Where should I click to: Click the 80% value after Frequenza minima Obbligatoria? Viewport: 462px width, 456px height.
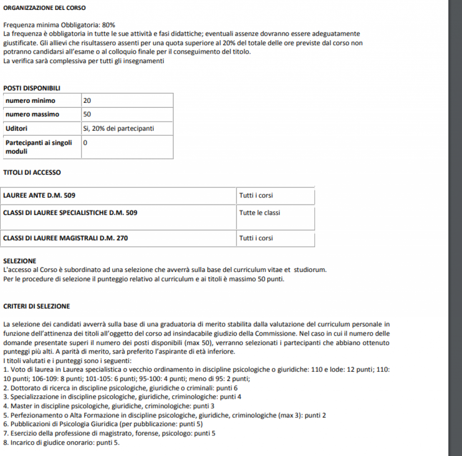[x=109, y=25]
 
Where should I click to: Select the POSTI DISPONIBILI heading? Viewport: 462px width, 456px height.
[x=32, y=88]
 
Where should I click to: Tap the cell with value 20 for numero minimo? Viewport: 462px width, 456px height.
[x=88, y=100]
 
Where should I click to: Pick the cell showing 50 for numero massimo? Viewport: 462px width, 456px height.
[x=88, y=114]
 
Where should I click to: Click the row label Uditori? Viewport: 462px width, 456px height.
[x=16, y=129]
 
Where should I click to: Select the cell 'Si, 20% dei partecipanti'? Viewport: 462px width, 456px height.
[x=119, y=129]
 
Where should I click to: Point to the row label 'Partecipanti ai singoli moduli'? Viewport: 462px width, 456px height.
[x=38, y=147]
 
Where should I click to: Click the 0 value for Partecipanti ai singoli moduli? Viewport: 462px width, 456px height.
[x=86, y=143]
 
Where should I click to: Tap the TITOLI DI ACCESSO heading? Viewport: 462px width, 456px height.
[x=32, y=172]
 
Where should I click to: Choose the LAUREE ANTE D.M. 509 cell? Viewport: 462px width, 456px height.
[x=39, y=196]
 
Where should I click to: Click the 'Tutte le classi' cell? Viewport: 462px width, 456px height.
[x=259, y=212]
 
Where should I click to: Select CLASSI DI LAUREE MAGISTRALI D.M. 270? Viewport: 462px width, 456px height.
[x=65, y=238]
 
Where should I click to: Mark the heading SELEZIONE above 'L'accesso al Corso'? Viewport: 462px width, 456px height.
[x=20, y=261]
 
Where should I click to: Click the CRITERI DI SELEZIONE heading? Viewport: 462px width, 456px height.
[x=37, y=306]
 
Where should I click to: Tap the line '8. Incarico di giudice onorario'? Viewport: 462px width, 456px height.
[x=61, y=442]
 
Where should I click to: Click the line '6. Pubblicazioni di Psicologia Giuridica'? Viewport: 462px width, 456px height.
[x=103, y=424]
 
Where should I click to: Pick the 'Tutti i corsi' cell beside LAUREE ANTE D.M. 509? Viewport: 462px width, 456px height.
[x=256, y=196]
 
